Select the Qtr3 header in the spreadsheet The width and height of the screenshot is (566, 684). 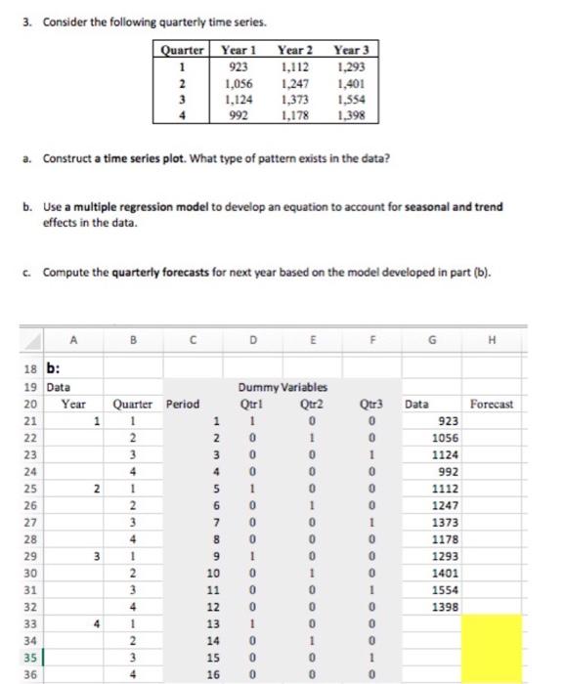click(x=370, y=403)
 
